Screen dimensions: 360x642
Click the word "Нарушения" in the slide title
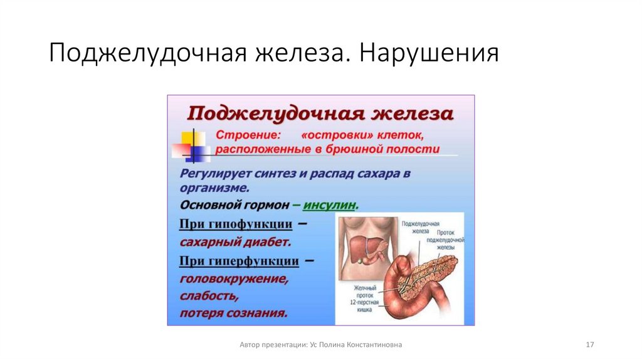coord(429,54)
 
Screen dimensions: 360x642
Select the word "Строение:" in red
coord(247,135)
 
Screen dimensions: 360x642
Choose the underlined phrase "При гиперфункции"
coord(239,260)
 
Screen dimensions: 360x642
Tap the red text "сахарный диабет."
coord(235,241)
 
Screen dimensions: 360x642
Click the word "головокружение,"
coord(234,278)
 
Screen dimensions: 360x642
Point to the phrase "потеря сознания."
coord(234,312)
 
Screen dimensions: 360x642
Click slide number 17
coord(589,345)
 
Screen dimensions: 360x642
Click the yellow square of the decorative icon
coord(192,139)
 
